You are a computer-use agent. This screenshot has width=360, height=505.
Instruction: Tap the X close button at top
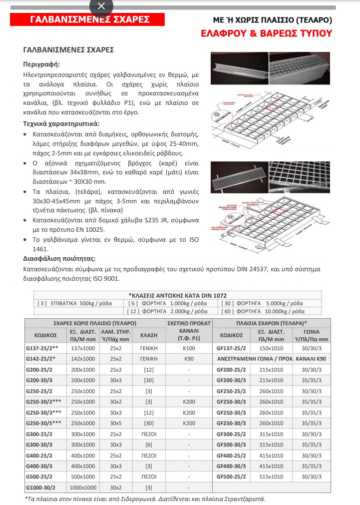[101, 6]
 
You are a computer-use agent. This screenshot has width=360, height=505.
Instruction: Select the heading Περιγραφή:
[41, 64]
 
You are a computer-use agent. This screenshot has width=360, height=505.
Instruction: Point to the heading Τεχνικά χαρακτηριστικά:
[61, 123]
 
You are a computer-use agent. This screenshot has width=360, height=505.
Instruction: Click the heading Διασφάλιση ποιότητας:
[59, 259]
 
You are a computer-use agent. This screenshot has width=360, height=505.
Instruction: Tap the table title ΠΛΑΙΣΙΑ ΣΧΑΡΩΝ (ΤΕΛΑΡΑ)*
[270, 322]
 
